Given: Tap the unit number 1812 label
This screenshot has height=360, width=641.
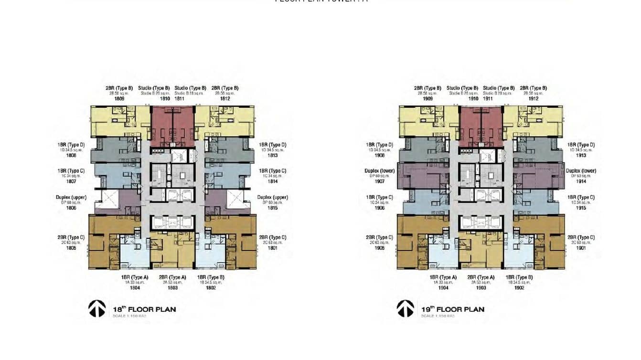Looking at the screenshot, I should (x=225, y=99).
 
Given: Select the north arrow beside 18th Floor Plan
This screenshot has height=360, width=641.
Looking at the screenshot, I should (x=97, y=308).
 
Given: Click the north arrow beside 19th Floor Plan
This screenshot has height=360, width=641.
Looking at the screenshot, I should (x=406, y=308).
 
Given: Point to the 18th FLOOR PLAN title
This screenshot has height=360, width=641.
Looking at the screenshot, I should (x=144, y=309).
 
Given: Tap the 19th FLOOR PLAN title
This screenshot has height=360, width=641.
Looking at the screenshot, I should (x=453, y=309).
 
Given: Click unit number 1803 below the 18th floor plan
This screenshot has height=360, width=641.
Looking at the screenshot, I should (x=172, y=288).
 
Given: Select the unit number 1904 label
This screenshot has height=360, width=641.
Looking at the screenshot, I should (x=443, y=288).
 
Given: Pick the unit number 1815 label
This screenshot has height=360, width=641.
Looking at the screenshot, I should (x=272, y=208).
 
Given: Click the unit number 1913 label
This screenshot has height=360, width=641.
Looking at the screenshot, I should (x=581, y=155).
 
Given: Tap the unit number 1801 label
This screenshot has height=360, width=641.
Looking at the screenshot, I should (x=272, y=248).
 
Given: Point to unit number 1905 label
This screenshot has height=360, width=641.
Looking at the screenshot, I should (x=380, y=248).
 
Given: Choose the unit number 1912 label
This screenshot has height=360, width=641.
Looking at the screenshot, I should (x=534, y=99).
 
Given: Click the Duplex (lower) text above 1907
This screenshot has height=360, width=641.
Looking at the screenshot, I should (x=380, y=171).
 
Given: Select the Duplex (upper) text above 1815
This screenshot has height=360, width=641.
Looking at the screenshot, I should (x=272, y=197).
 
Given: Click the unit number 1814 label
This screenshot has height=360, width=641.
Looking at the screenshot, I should (x=272, y=181).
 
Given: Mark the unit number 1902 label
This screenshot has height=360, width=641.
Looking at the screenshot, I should (x=519, y=288).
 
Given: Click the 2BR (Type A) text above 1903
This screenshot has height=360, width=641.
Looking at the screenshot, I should (x=481, y=277).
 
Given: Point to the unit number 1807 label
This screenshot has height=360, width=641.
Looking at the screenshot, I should (x=71, y=181).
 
